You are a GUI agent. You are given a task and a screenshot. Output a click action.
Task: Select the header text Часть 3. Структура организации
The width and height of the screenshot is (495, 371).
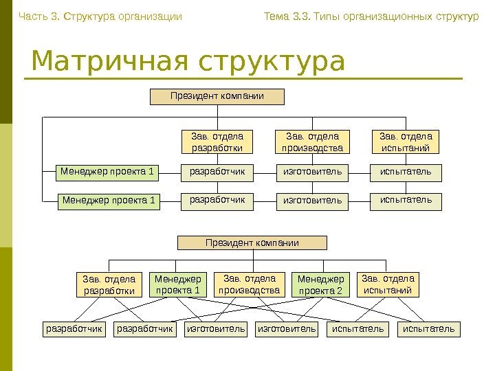(x=100, y=16)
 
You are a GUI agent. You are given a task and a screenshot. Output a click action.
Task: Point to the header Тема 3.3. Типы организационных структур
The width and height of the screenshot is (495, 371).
(x=371, y=16)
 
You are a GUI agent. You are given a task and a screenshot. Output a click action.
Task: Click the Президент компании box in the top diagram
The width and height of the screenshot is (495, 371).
(x=217, y=96)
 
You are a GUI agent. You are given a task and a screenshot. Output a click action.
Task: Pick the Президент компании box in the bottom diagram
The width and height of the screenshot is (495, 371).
(x=252, y=243)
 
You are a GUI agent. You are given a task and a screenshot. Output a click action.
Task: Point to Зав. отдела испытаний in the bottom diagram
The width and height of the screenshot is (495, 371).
(x=388, y=284)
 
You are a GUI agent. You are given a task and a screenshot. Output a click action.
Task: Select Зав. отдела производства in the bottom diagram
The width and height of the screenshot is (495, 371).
(x=250, y=284)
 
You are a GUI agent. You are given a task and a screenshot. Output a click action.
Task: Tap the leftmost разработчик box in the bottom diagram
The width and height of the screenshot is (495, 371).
(x=74, y=330)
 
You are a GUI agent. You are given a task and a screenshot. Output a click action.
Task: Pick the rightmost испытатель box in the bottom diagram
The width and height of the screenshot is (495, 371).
(x=428, y=330)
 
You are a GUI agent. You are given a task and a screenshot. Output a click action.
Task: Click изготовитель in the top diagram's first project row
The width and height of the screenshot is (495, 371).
(x=312, y=171)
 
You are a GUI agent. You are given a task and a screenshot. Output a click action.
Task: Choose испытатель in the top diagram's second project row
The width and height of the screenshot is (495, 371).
(x=406, y=201)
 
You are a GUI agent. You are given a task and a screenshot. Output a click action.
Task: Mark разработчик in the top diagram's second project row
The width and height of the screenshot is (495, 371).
(x=217, y=201)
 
